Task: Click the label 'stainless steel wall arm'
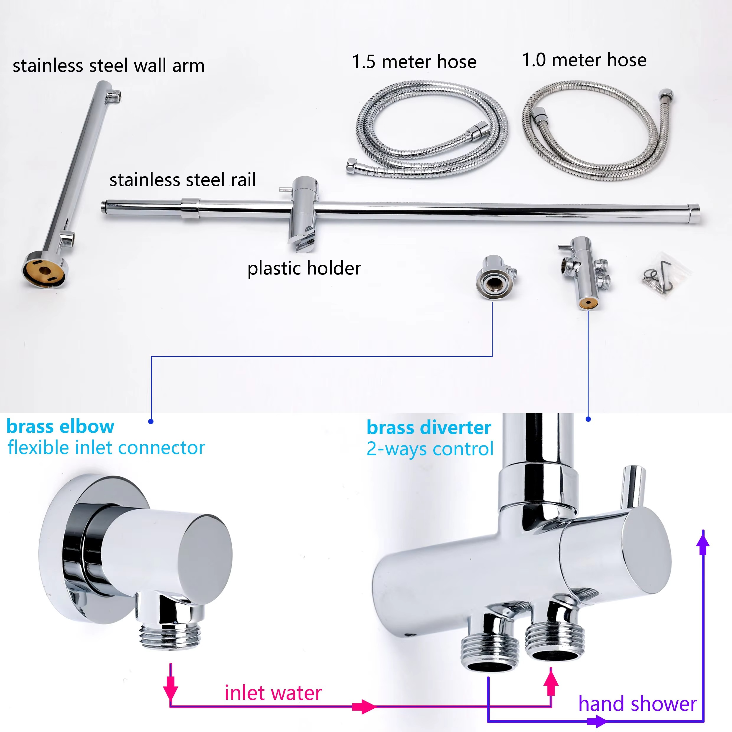(109, 66)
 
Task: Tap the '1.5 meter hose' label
(414, 61)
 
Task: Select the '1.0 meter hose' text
(584, 60)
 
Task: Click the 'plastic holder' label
(304, 268)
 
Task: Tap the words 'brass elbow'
(60, 427)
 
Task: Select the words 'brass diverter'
(429, 428)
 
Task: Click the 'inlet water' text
(273, 693)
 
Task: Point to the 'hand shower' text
(638, 704)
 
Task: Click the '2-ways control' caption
(430, 449)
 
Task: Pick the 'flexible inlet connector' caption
(107, 448)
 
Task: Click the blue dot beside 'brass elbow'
(151, 421)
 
